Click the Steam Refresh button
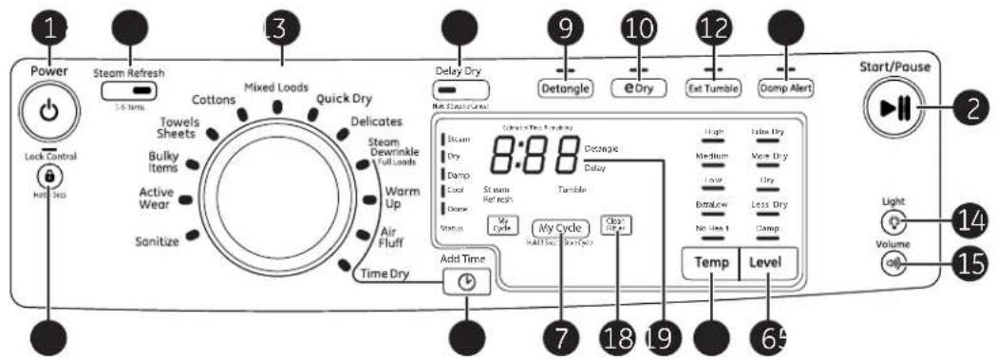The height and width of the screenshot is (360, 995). [x=131, y=91]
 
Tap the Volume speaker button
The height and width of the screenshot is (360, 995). [x=892, y=266]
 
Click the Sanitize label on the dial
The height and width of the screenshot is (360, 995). [x=157, y=242]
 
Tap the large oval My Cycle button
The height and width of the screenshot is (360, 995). [x=559, y=229]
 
